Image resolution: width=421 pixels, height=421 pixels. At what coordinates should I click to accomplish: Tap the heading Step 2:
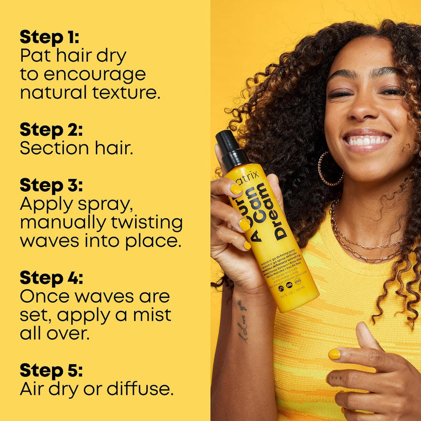pos(51,129)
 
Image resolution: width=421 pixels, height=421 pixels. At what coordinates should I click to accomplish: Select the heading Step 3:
pos(51,185)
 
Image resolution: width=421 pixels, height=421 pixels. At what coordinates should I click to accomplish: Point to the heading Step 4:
pos(52,278)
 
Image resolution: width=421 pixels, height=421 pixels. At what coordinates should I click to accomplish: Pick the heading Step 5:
pos(51,370)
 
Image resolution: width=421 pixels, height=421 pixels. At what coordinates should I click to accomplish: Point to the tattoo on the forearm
pos(242,321)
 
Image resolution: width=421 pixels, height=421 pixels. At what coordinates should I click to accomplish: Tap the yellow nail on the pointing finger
pos(334,354)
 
